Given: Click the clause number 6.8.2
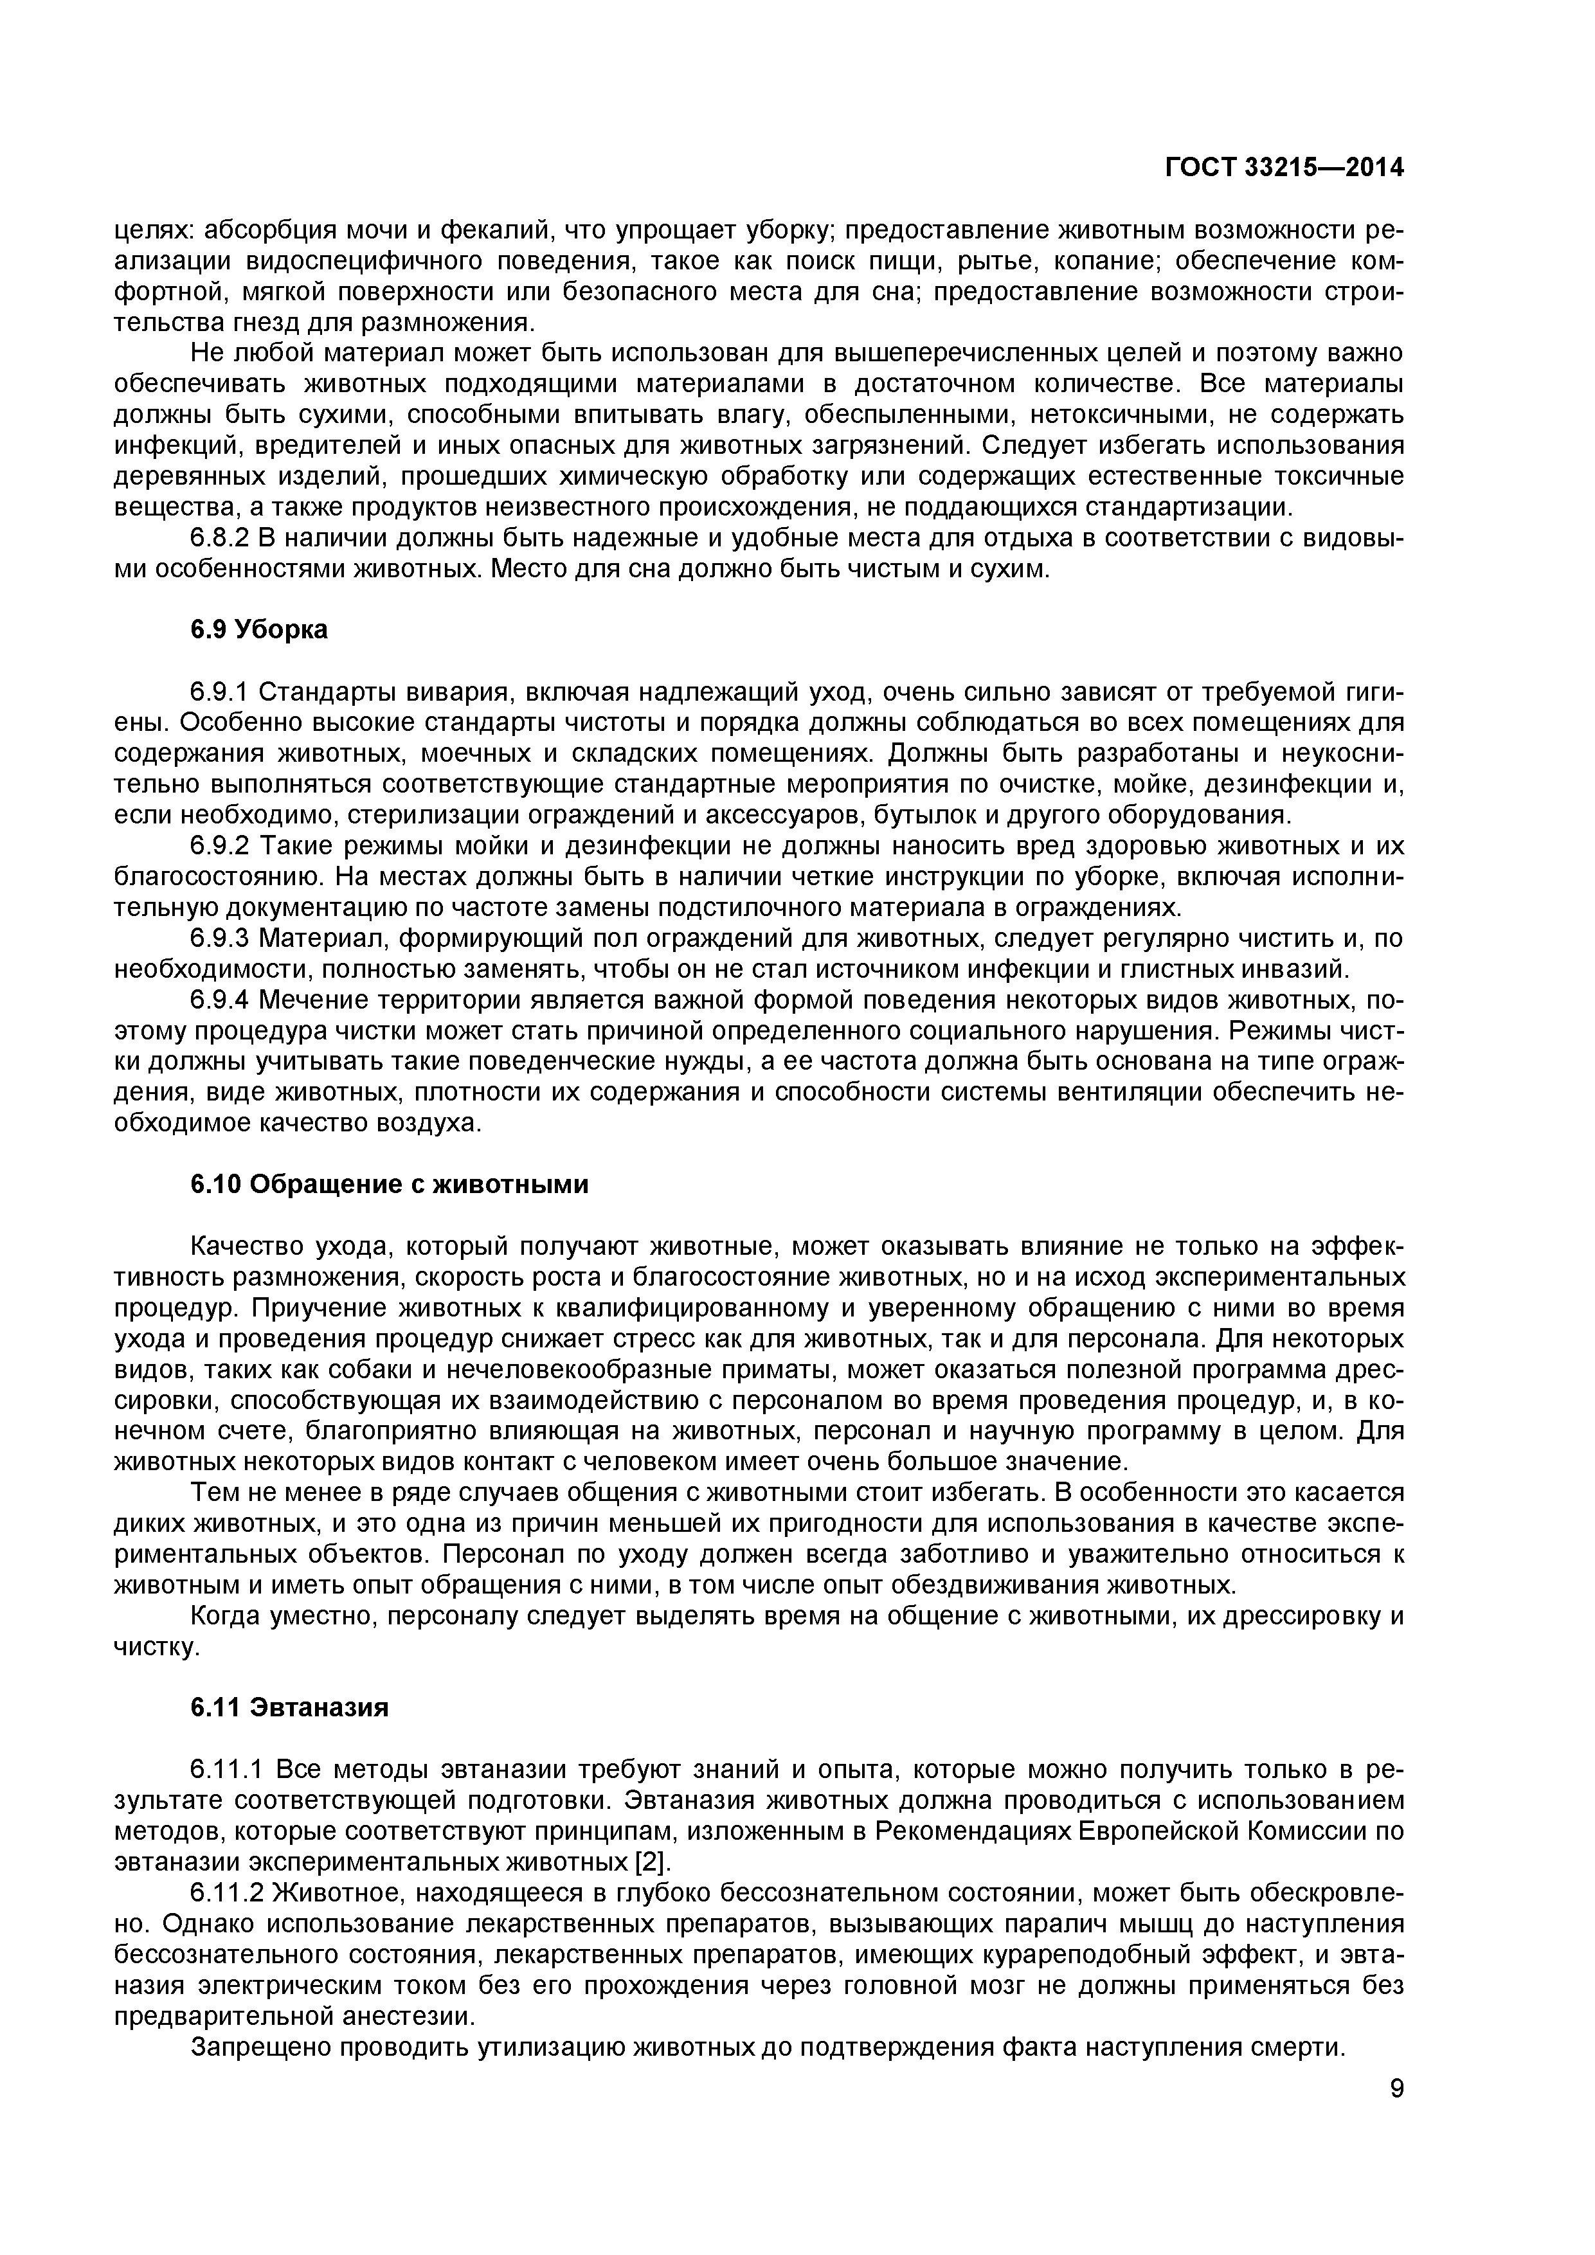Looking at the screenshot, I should point(221,538).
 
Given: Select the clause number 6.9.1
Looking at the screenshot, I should point(221,692).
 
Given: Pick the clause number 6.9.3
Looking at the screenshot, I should point(221,939).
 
